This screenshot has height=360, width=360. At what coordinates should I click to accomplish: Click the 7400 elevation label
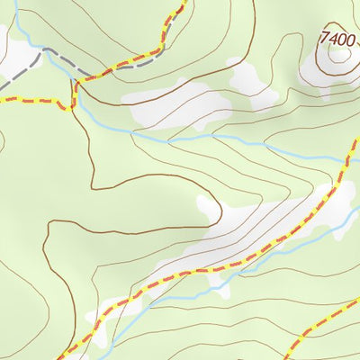click(337, 39)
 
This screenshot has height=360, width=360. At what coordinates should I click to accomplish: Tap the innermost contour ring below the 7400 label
click(339, 55)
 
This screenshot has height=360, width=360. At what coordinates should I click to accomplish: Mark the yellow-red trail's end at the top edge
click(184, 2)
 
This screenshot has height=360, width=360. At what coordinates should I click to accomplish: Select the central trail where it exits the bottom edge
click(61, 358)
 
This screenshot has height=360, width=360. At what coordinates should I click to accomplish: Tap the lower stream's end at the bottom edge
click(110, 358)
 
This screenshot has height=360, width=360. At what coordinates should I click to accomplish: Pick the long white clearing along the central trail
click(261, 229)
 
